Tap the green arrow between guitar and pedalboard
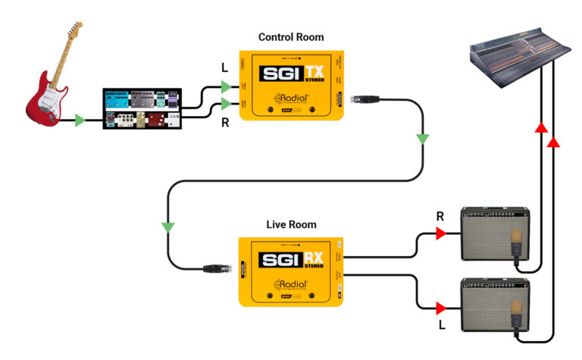(80, 121)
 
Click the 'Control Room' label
(291, 36)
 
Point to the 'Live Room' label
(291, 225)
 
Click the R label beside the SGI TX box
(224, 121)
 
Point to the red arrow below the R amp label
(441, 236)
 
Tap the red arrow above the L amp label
(441, 308)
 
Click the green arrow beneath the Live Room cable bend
(167, 227)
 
